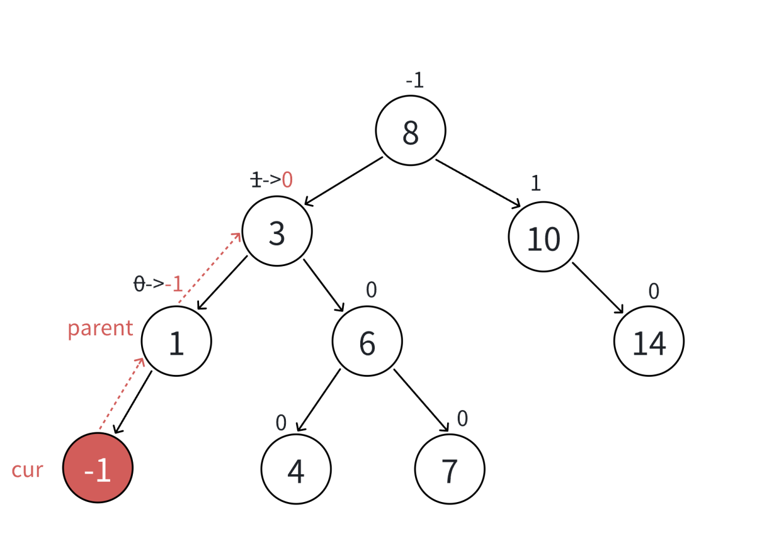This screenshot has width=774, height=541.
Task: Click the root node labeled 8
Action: [411, 131]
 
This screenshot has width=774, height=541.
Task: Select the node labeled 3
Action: [277, 231]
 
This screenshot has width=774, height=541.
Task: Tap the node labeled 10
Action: [543, 237]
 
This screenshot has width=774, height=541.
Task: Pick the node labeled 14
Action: [649, 342]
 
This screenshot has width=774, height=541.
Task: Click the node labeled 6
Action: [367, 342]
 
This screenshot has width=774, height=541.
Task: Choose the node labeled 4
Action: [296, 469]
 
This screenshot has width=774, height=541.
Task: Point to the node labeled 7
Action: [450, 469]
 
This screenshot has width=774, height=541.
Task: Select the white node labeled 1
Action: [176, 342]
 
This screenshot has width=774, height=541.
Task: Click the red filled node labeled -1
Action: [98, 468]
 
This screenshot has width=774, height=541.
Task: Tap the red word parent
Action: [100, 328]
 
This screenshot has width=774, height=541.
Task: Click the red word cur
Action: [27, 470]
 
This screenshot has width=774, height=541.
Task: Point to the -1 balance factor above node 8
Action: [415, 81]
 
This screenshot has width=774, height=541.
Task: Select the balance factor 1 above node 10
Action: [536, 183]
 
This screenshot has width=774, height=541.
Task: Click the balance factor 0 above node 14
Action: [654, 291]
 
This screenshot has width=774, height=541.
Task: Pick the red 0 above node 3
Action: [287, 181]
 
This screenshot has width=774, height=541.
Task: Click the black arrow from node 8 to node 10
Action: [478, 183]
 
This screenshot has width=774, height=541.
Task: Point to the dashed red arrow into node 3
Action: [210, 267]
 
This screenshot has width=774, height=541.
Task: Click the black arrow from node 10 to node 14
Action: [598, 287]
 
